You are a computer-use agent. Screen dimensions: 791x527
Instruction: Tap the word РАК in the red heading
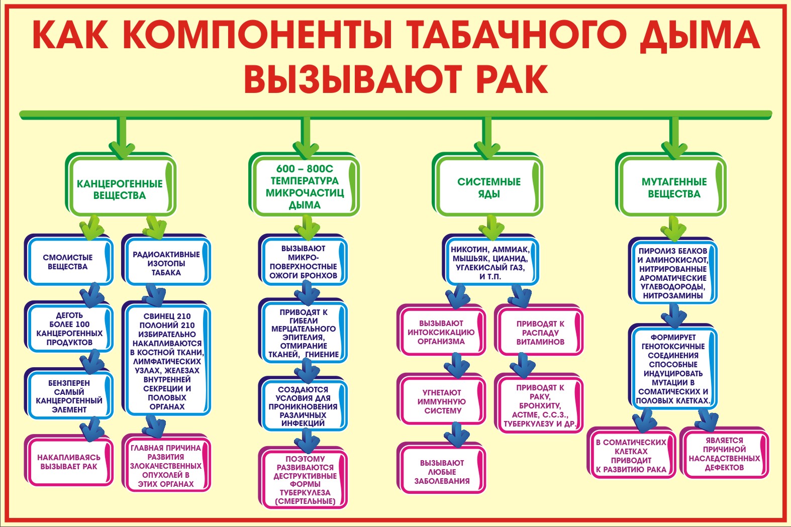(513, 78)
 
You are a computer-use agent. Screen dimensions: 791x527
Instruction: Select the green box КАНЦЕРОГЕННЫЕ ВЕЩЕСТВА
(121, 184)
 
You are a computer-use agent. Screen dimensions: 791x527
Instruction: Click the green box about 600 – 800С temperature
(305, 184)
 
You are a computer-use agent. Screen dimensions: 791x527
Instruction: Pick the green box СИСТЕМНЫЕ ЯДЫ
(487, 184)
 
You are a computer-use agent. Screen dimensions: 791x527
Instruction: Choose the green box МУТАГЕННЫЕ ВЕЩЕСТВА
(671, 184)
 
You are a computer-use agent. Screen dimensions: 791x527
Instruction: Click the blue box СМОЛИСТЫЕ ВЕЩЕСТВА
(69, 260)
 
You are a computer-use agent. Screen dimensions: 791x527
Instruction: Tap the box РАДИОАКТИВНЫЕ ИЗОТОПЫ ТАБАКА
(166, 260)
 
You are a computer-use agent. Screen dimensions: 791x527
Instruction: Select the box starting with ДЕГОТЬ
(69, 327)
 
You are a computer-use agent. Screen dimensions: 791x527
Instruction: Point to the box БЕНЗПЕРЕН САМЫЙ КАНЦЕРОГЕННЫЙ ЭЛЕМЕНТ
(69, 394)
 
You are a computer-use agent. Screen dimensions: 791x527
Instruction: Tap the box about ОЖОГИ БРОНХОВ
(303, 260)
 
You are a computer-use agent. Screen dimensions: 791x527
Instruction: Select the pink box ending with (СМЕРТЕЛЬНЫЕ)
(303, 478)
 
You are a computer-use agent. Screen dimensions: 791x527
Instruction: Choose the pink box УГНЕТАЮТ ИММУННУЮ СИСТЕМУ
(441, 399)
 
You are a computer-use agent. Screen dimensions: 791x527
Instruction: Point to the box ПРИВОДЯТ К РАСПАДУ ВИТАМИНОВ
(539, 330)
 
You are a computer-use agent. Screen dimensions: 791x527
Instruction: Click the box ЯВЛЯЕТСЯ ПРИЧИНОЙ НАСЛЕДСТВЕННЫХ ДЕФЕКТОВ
(724, 453)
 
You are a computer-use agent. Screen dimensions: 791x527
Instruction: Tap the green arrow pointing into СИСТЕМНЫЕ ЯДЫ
(487, 137)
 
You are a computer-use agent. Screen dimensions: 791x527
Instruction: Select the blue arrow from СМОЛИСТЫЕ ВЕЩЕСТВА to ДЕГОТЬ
(92, 295)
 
